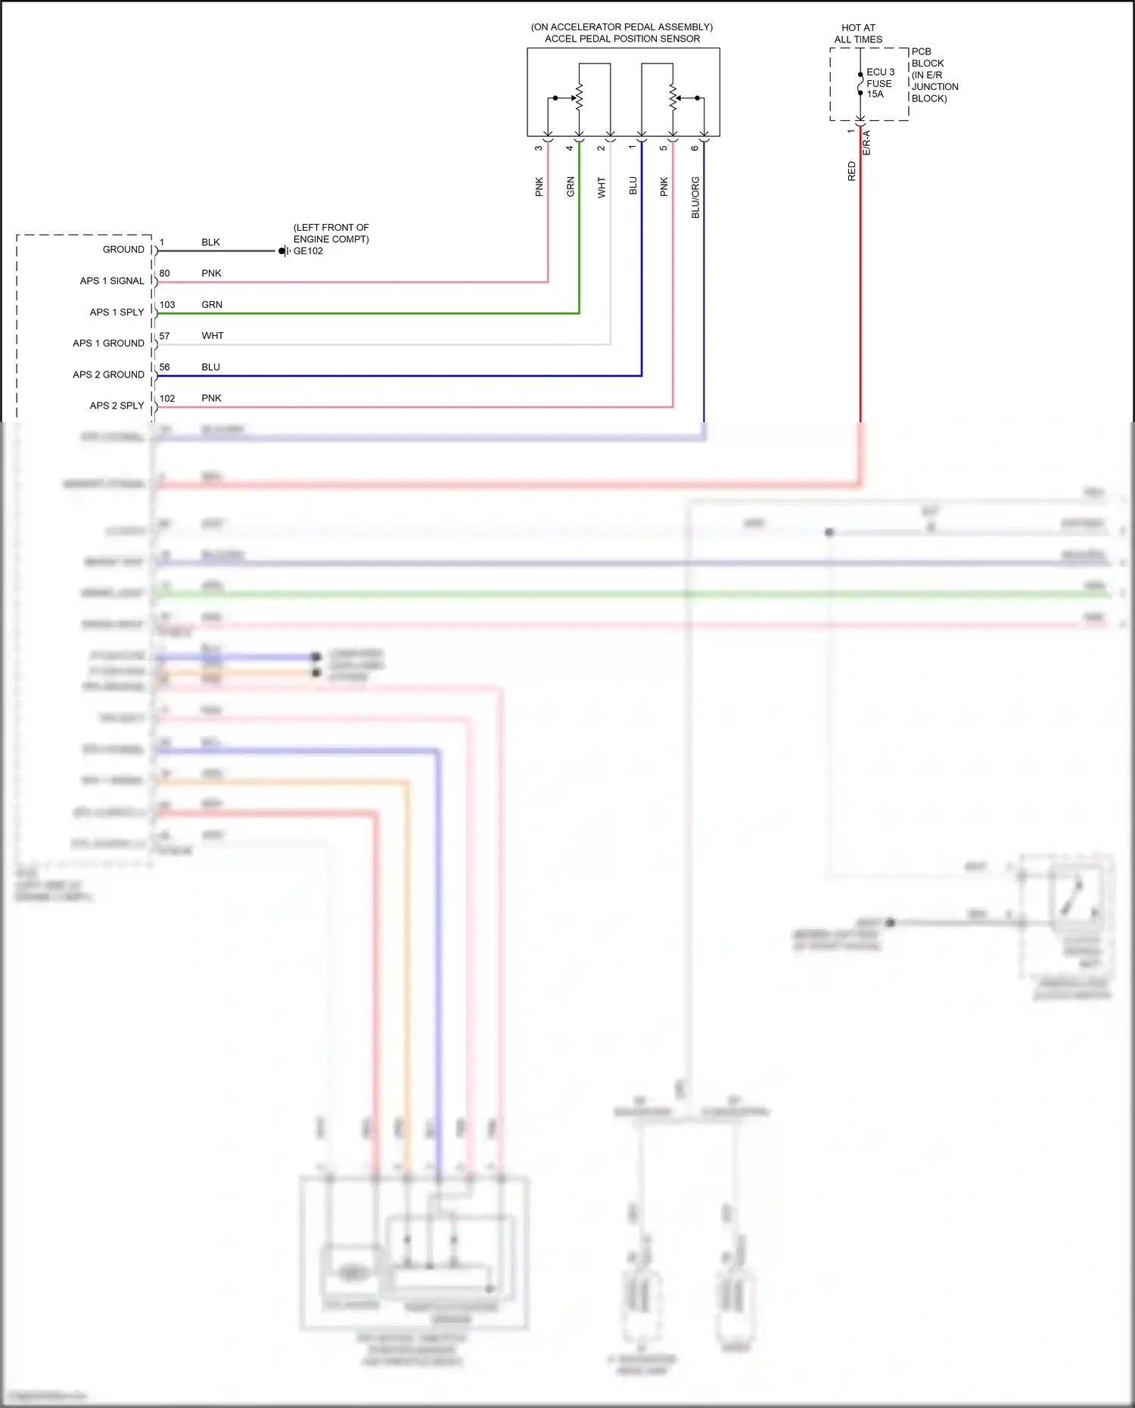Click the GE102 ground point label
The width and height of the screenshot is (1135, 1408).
coord(308,251)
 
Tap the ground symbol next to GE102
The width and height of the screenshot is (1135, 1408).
coord(284,251)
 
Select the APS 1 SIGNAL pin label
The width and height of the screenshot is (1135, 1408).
coord(112,281)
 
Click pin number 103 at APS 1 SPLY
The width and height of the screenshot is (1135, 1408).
coord(167,305)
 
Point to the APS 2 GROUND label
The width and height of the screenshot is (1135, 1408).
coord(108,375)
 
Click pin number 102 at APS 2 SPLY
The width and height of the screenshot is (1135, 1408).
coord(167,399)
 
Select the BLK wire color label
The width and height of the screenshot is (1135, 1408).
coord(210,243)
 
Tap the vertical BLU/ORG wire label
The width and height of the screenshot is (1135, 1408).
coord(695,197)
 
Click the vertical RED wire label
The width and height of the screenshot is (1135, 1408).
coord(851,171)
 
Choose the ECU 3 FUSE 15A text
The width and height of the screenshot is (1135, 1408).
coord(880,83)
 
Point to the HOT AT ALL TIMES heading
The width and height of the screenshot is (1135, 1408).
coord(858,33)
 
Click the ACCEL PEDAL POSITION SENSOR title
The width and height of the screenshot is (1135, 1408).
coord(622,39)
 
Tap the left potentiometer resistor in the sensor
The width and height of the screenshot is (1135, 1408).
coord(580,98)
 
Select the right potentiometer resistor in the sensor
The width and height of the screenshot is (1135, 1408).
coord(673,98)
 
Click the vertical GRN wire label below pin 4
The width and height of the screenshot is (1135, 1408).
coord(571,187)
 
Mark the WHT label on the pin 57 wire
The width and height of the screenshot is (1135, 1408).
coord(213,336)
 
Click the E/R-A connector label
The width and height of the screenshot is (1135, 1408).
coord(867,143)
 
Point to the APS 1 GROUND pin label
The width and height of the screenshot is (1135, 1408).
coord(108,343)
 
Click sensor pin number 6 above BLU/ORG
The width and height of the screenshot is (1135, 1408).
coord(695,148)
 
